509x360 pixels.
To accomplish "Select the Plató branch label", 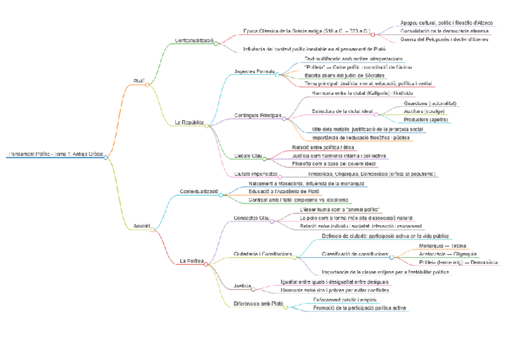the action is pyautogui.click(x=139, y=81).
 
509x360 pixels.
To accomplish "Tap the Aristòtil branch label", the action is pyautogui.click(x=140, y=226).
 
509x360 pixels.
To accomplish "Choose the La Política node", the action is pyautogui.click(x=191, y=261).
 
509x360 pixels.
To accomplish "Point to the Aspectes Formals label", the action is pyautogui.click(x=254, y=71).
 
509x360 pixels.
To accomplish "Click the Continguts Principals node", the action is pyautogui.click(x=258, y=115).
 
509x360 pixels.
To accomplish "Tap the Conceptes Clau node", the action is pyautogui.click(x=251, y=218).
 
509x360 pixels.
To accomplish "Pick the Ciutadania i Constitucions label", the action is pyautogui.click(x=262, y=254).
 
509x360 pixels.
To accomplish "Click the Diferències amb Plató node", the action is pyautogui.click(x=258, y=304).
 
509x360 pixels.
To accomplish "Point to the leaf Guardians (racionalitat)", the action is pyautogui.click(x=431, y=103).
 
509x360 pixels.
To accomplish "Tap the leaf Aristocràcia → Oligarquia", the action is pyautogui.click(x=448, y=254).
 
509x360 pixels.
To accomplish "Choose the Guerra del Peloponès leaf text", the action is pyautogui.click(x=445, y=39).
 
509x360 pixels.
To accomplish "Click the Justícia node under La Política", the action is pyautogui.click(x=242, y=286).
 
